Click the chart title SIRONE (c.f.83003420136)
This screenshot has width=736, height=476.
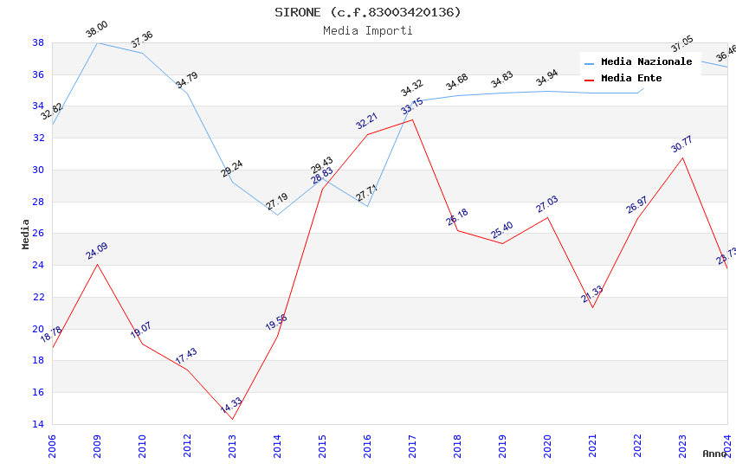pos(368,12)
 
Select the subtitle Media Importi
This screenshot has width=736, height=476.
pos(368,30)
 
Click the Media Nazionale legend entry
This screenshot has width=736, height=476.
pos(646,62)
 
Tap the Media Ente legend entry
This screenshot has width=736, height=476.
pos(631,79)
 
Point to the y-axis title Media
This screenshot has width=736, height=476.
pos(26,234)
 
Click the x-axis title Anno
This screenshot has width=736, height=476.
pos(714,453)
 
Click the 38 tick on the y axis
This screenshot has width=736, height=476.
pos(38,42)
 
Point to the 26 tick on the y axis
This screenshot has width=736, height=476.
pos(38,234)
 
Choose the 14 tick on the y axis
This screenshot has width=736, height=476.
pos(38,424)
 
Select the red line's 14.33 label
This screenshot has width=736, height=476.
pos(230,406)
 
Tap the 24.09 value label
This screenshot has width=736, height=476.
pos(96,252)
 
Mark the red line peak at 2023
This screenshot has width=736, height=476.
pos(682,157)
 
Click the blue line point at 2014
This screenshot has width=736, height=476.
pos(277,215)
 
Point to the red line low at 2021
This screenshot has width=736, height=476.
pos(592,307)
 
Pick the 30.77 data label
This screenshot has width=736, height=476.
pos(681,145)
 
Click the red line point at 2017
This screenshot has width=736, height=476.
pos(412,119)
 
